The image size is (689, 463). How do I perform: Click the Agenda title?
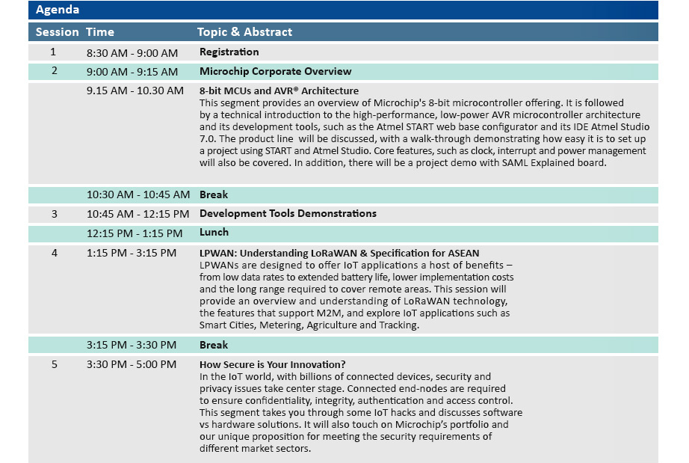[57, 10]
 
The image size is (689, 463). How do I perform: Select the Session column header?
[57, 32]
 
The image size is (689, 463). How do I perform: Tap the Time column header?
[99, 32]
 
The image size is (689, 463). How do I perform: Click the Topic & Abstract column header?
[245, 32]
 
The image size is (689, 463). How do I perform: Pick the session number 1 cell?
[53, 52]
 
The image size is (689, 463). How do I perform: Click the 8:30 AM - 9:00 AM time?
[132, 53]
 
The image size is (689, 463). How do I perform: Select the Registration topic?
[229, 52]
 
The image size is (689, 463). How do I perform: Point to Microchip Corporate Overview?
[276, 71]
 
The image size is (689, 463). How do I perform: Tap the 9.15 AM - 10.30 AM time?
[135, 91]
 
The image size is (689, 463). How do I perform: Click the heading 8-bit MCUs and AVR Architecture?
[279, 91]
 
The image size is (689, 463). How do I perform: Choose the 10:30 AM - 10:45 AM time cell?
[138, 194]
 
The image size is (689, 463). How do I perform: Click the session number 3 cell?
[54, 214]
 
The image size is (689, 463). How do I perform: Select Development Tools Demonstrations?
[288, 214]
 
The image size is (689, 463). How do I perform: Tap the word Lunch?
[214, 232]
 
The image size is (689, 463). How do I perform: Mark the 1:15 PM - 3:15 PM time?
[132, 254]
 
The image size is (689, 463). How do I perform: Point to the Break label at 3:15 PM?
[214, 345]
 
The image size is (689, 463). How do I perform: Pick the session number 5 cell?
[54, 364]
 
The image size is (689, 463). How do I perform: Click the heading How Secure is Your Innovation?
[273, 364]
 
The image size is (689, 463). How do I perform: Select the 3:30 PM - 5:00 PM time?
[132, 364]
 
